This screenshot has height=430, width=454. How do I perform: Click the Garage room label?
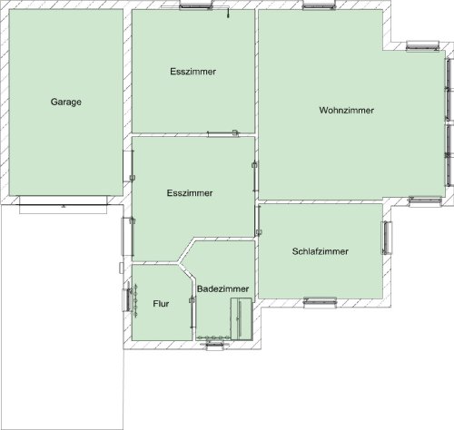click(x=66, y=102)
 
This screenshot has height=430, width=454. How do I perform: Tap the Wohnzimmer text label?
click(x=347, y=110)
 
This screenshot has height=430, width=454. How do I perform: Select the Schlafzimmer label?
click(x=321, y=251)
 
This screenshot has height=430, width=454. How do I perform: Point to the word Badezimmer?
click(x=223, y=288)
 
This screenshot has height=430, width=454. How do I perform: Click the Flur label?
click(x=161, y=304)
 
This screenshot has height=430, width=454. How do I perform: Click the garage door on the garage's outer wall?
click(x=64, y=205)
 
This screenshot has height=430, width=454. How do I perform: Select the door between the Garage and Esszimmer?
click(x=128, y=166)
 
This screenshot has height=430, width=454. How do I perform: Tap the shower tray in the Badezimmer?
click(x=242, y=318)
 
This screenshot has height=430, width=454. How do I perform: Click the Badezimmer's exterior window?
click(x=214, y=344)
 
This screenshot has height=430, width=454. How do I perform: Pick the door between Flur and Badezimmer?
click(x=192, y=312)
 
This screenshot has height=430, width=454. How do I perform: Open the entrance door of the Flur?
click(x=127, y=299)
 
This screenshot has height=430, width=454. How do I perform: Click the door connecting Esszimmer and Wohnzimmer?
click(x=255, y=176)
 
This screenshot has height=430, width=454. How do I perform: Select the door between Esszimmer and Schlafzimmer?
click(x=258, y=220)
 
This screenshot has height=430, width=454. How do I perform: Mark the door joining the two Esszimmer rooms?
click(x=222, y=133)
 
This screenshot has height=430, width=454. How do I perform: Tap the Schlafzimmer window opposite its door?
click(x=387, y=238)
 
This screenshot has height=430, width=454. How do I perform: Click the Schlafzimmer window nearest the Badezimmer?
click(x=320, y=302)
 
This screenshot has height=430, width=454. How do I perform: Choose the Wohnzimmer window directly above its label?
click(x=319, y=5)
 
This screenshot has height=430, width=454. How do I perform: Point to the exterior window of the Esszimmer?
click(x=195, y=5)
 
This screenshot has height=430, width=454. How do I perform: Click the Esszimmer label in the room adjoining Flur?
click(x=190, y=193)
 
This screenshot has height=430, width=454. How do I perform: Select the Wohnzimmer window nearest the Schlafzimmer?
click(x=425, y=201)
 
